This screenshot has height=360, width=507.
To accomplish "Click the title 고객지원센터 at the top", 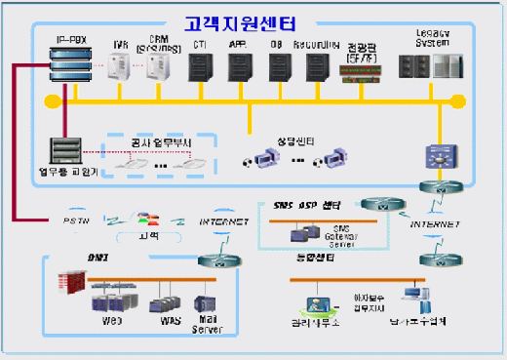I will (x=253, y=21).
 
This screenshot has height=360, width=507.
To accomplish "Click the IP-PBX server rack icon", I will (x=72, y=69).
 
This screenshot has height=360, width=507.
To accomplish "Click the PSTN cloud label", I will (x=77, y=221).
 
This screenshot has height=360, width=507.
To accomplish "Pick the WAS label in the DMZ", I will (x=159, y=321).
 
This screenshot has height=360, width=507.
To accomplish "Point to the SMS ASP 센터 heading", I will (x=306, y=206).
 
